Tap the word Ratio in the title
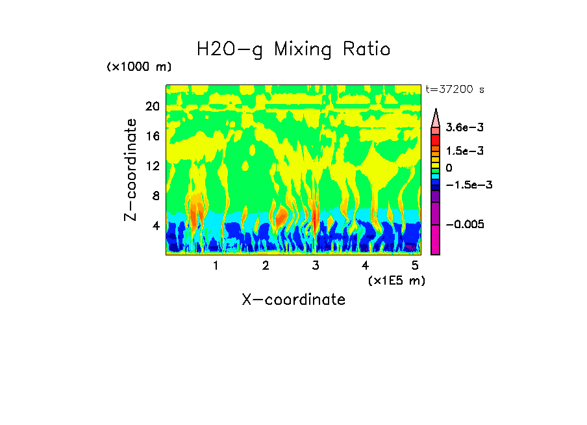[367, 49]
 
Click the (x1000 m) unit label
[139, 67]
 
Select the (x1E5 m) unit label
[396, 280]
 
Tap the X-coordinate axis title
[293, 300]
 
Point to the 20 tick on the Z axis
[152, 107]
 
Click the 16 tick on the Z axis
[152, 136]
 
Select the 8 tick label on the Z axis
[155, 196]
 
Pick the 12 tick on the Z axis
[152, 166]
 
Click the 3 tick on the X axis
[316, 265]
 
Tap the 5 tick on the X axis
[415, 265]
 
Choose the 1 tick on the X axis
[216, 265]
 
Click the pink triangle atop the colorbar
[436, 118]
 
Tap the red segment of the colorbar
[436, 140]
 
